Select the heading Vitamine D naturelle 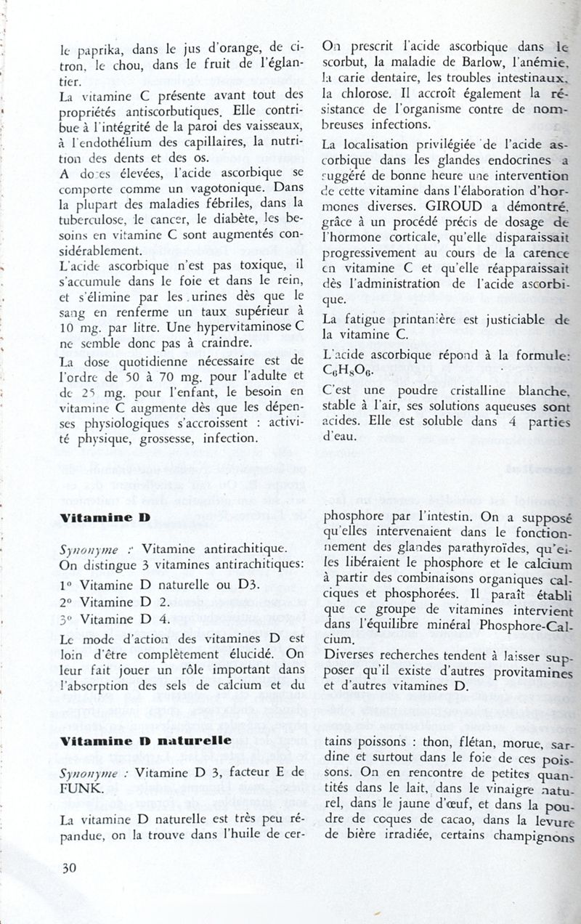[145, 741]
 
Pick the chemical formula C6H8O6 [349, 369]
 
